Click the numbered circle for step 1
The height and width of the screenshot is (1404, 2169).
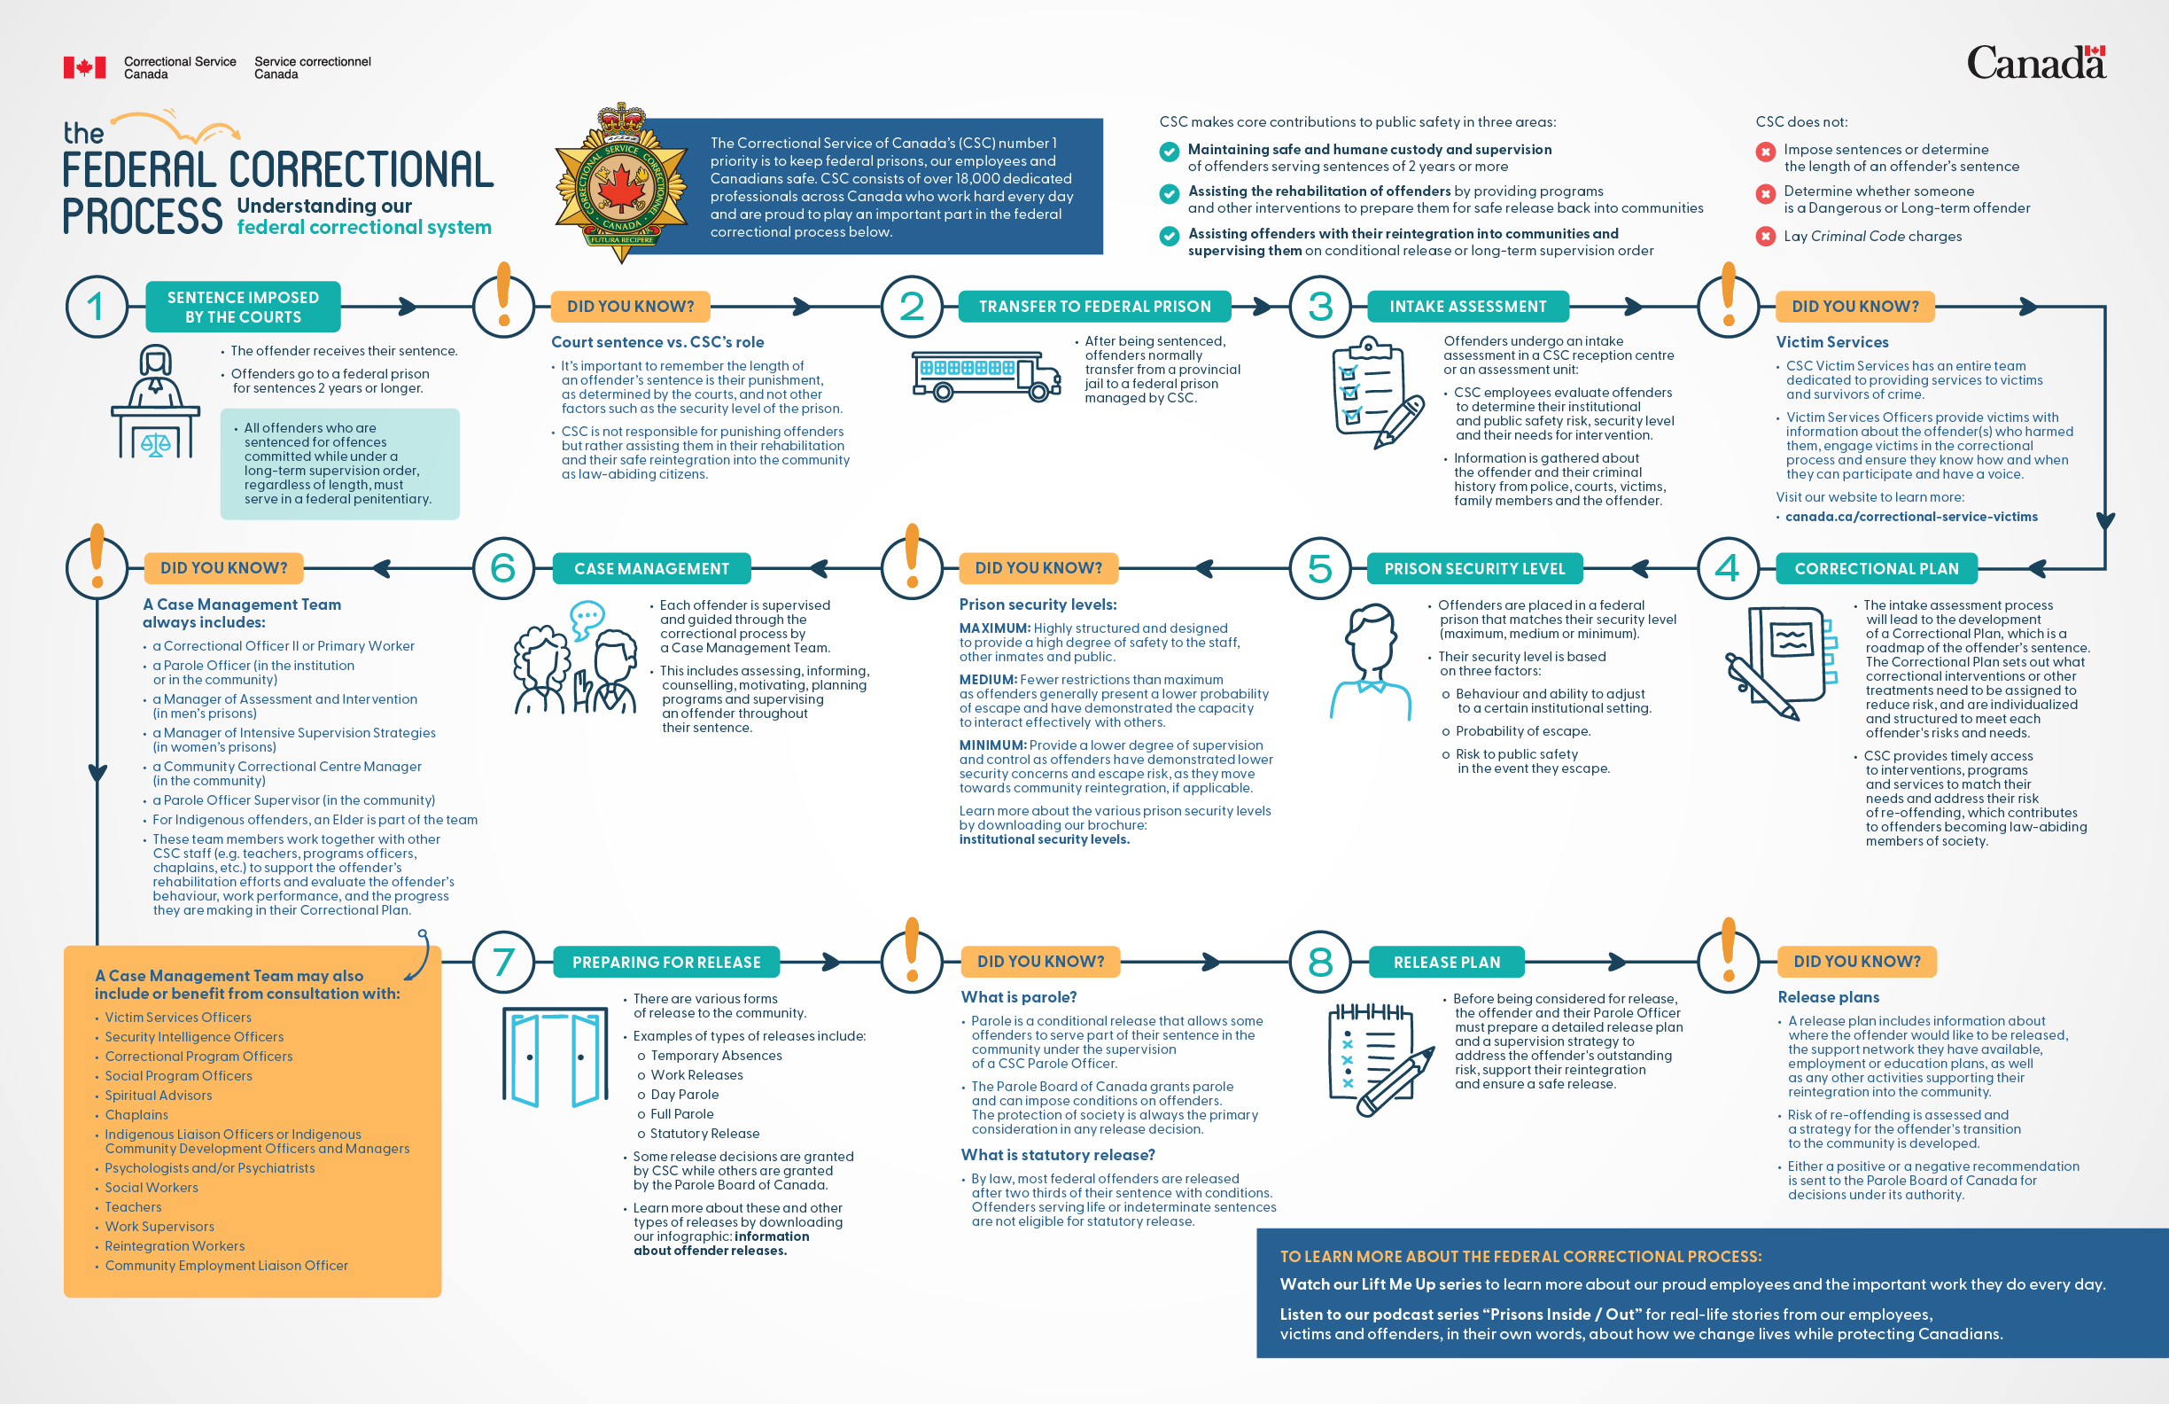[96, 307]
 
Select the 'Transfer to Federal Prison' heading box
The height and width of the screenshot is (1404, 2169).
[1093, 307]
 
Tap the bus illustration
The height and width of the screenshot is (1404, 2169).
[986, 376]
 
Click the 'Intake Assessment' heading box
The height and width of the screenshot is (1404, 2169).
[1467, 307]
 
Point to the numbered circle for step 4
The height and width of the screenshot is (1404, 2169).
[1727, 569]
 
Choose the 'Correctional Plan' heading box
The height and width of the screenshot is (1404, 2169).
[1876, 569]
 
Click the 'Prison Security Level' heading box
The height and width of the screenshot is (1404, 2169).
[1473, 569]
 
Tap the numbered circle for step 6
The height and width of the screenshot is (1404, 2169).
[503, 569]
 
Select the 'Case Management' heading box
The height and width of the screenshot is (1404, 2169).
[650, 569]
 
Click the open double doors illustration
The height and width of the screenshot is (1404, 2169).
[555, 1057]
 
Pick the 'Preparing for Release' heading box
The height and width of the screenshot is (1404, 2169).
[666, 962]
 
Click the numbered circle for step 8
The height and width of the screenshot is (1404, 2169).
[1319, 962]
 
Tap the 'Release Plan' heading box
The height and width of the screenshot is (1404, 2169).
[1446, 962]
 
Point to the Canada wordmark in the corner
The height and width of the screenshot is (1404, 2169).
[2035, 62]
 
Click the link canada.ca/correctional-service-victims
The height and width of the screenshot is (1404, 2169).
[1911, 517]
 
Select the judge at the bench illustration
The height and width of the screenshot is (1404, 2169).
[155, 402]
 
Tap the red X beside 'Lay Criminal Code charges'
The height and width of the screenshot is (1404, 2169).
[1765, 236]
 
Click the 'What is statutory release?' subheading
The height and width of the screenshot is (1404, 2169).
[1057, 1155]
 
